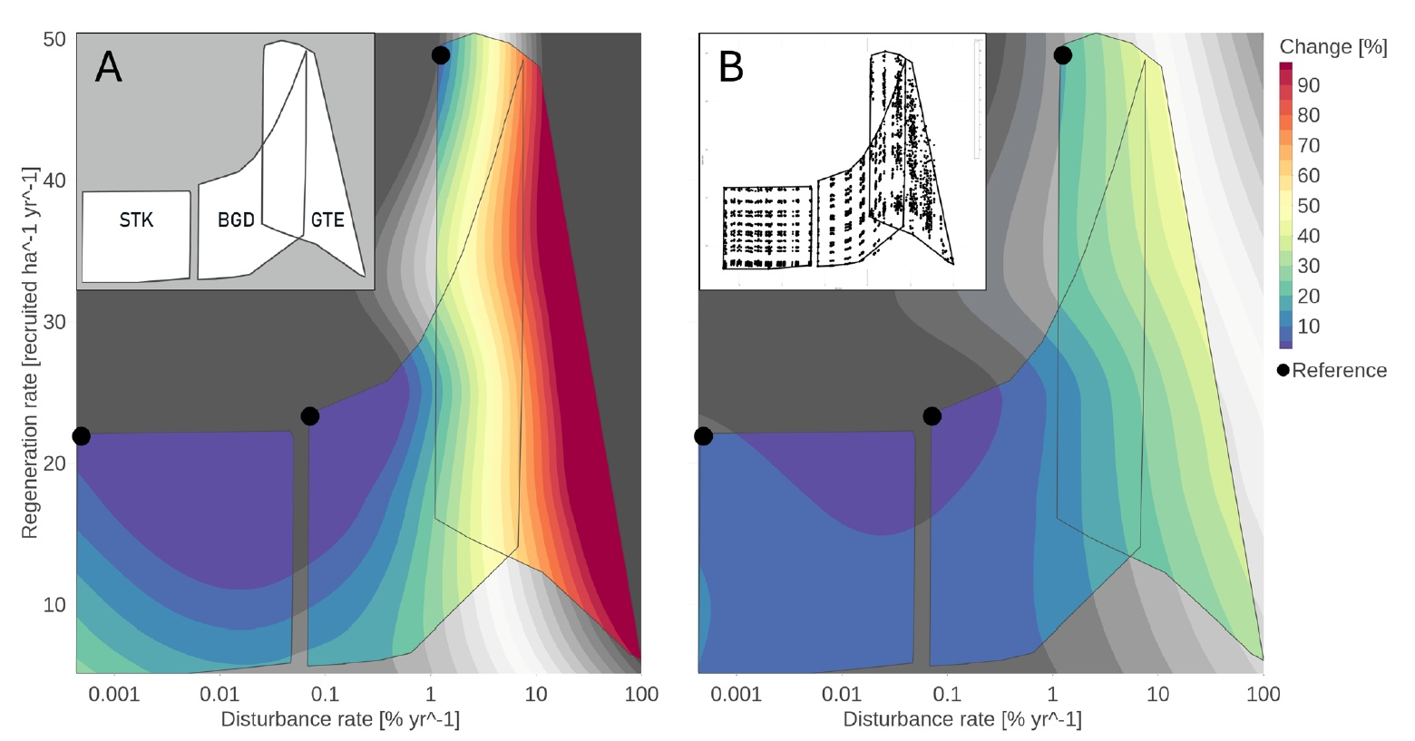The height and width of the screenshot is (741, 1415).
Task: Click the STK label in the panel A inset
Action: click(x=136, y=220)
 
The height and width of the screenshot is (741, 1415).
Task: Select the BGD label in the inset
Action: click(x=236, y=220)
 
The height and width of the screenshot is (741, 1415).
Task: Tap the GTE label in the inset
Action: click(x=327, y=220)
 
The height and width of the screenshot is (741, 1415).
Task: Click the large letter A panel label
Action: click(x=108, y=68)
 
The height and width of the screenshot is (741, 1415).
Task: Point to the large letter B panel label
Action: click(x=731, y=68)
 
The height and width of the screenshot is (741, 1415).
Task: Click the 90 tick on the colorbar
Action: click(x=1309, y=85)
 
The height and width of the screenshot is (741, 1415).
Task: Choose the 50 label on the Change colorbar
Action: click(x=1309, y=206)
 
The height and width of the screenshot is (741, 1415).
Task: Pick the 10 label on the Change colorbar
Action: click(x=1309, y=327)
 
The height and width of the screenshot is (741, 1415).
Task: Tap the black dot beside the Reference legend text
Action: click(x=1283, y=371)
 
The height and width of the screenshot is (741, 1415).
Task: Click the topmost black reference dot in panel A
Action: click(x=441, y=55)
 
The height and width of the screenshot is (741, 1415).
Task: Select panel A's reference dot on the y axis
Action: click(x=81, y=436)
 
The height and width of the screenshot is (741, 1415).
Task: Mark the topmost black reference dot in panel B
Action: click(x=1062, y=55)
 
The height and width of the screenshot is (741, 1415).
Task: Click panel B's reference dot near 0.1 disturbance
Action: click(x=932, y=416)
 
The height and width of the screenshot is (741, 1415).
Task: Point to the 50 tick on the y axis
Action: click(x=55, y=39)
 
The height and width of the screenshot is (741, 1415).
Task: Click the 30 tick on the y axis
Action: click(x=55, y=322)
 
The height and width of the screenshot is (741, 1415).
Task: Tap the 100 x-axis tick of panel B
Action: click(x=1264, y=695)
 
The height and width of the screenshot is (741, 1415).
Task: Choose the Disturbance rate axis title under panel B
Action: click(x=962, y=720)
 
